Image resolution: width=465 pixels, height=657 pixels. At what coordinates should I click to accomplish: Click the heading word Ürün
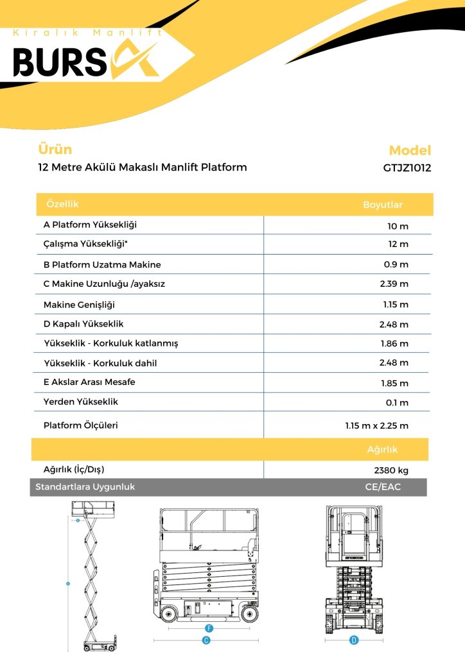click(x=55, y=149)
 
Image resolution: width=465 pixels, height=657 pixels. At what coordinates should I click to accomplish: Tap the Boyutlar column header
click(x=383, y=205)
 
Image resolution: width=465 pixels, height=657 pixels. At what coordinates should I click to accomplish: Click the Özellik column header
click(x=62, y=204)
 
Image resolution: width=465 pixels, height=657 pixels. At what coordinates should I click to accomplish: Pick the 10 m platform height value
click(x=398, y=226)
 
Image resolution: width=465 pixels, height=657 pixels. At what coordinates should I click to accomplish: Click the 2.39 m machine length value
click(x=394, y=284)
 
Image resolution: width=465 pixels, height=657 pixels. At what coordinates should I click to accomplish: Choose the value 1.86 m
click(x=394, y=343)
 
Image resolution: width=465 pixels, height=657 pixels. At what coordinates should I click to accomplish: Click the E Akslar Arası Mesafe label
click(x=89, y=382)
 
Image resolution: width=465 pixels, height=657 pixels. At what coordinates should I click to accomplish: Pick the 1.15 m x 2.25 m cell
click(x=376, y=425)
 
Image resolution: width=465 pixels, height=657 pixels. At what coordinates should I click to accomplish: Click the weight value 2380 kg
click(x=390, y=470)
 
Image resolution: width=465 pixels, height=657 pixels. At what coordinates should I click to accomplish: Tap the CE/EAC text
click(x=382, y=487)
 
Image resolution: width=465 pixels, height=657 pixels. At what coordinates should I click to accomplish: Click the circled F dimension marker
click(x=209, y=627)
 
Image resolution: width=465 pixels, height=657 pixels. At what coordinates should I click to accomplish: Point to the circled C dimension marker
click(x=206, y=640)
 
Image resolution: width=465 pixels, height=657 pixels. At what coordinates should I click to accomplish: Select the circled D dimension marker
click(x=353, y=640)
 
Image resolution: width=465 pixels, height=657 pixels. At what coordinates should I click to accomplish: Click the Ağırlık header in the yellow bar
click(x=382, y=450)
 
